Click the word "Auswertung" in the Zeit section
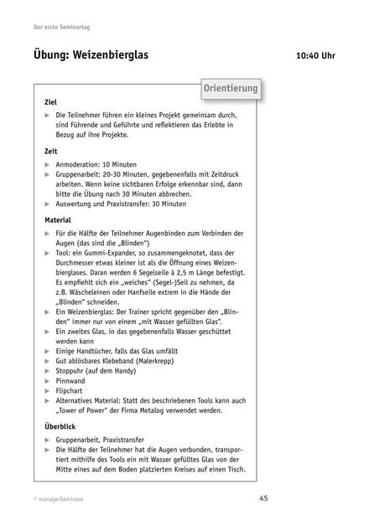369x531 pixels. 79,204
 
